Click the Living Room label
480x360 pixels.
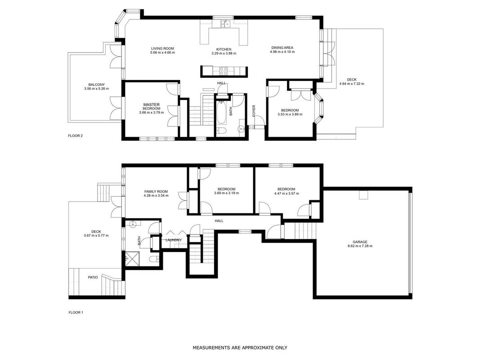[162, 48]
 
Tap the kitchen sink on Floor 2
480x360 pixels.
[226, 24]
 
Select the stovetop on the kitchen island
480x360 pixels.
[224, 71]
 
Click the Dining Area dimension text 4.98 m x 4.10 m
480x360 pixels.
[282, 52]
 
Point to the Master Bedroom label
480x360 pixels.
[151, 107]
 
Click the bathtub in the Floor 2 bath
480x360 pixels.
[221, 112]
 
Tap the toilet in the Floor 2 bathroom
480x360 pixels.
[221, 131]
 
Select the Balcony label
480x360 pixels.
[96, 85]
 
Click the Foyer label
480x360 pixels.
[254, 111]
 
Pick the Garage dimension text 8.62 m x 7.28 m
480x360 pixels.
[360, 246]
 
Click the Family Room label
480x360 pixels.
[156, 192]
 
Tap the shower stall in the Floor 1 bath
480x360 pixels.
[132, 259]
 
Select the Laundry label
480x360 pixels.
[174, 240]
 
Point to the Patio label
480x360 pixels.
[93, 277]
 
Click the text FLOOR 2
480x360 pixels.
[75, 136]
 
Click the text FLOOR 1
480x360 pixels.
[76, 313]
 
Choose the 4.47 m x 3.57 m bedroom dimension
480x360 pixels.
[286, 193]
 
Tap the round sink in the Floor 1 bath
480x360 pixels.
[133, 224]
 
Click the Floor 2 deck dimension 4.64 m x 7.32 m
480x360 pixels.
[352, 84]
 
